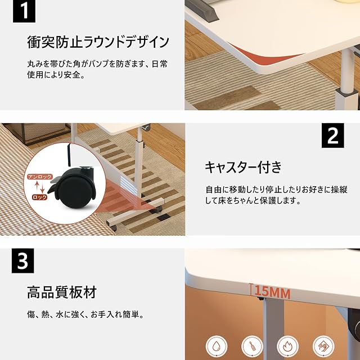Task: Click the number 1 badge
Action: pyautogui.click(x=24, y=11)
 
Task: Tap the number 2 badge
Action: pyautogui.click(x=332, y=136)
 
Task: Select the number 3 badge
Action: pyautogui.click(x=22, y=260)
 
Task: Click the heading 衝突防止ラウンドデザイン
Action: pyautogui.click(x=98, y=42)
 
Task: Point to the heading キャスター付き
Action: pyautogui.click(x=243, y=167)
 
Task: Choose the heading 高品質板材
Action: pyautogui.click(x=62, y=292)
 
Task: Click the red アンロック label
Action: pyautogui.click(x=40, y=177)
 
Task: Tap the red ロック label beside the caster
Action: pyautogui.click(x=39, y=197)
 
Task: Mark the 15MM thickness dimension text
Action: pyautogui.click(x=272, y=292)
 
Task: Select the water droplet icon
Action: pyautogui.click(x=216, y=346)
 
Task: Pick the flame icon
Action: pyautogui.click(x=287, y=346)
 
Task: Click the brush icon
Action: pyautogui.click(x=252, y=346)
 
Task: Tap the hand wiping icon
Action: pyautogui.click(x=323, y=346)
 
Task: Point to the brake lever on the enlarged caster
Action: pyautogui.click(x=53, y=186)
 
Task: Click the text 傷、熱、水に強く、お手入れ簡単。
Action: pyautogui.click(x=85, y=314)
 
